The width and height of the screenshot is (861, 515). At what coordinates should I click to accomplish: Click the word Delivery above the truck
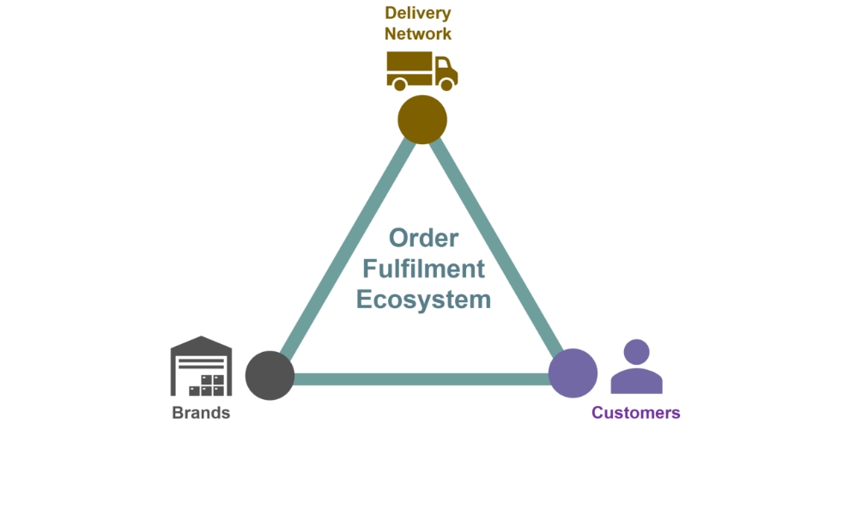point(418,13)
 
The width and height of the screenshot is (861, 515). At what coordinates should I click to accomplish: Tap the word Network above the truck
point(418,34)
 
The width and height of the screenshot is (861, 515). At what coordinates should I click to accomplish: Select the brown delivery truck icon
point(421,70)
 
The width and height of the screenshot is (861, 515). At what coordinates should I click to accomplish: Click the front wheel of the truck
point(446,84)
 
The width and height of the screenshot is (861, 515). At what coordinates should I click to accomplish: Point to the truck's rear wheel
point(399,84)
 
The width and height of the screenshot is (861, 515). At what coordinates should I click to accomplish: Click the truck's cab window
point(444,66)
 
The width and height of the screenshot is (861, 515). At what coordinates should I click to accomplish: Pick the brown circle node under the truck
point(422,118)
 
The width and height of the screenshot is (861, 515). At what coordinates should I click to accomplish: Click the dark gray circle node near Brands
point(270,375)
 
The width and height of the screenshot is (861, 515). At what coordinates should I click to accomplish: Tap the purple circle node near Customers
point(573,373)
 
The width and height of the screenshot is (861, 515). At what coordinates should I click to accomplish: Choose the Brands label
point(201,413)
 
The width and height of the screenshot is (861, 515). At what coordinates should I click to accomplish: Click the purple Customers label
point(635,413)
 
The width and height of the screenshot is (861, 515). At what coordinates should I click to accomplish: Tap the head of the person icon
point(636,352)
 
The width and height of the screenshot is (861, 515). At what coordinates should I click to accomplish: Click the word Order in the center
point(423,238)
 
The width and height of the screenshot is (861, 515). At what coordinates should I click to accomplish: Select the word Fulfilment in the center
point(423,269)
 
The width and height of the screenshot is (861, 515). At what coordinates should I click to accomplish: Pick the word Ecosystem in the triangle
point(423,300)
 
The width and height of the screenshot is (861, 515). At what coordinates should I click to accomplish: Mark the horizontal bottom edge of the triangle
point(421,379)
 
